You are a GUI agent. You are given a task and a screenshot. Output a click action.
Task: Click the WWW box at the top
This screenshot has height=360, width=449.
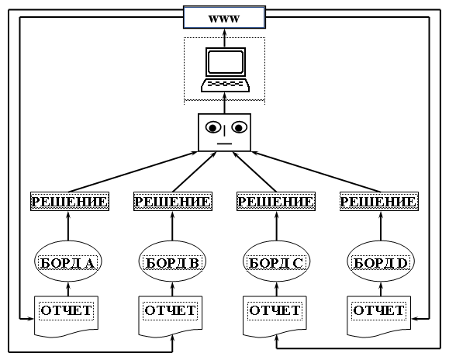[225, 18]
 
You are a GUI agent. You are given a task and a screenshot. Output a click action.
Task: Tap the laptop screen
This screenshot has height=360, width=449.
[226, 62]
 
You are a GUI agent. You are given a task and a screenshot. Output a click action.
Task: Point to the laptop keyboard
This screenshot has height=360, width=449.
[225, 85]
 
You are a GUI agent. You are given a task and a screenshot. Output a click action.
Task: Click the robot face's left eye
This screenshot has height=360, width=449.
[213, 127]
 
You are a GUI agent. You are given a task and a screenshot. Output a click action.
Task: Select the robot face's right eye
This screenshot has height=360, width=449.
[240, 127]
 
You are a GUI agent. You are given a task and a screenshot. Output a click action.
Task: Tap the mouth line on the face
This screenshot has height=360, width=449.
[225, 144]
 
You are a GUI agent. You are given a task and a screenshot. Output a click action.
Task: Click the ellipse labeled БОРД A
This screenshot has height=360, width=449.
[68, 261]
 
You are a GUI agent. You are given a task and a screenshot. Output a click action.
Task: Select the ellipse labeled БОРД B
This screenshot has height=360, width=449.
[172, 261]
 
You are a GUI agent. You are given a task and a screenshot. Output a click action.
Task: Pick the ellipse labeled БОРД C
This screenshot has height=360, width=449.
[277, 261]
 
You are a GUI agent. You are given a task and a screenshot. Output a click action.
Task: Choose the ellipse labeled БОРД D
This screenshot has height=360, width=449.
[381, 261]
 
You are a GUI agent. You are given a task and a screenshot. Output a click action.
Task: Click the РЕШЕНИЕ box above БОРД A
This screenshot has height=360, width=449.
[70, 202]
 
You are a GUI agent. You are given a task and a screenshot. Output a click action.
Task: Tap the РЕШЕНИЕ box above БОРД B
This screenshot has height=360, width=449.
[173, 202]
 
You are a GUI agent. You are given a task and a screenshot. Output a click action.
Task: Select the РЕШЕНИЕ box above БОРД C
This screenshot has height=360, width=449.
[276, 202]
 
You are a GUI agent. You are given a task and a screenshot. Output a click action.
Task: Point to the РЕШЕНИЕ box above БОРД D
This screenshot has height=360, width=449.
[379, 202]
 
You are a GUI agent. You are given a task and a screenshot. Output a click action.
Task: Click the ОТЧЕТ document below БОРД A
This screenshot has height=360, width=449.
[67, 315]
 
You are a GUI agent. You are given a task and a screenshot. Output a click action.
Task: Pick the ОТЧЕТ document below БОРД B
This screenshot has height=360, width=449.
[171, 315]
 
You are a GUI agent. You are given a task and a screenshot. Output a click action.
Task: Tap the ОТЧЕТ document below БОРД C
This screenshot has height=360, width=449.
[275, 315]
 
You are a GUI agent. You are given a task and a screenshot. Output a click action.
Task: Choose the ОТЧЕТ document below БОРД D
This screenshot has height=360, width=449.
[379, 315]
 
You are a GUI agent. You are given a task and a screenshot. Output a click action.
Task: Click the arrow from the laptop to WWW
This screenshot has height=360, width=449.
[225, 38]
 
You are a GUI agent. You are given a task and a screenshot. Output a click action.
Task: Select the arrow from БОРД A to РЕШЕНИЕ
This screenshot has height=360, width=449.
[68, 227]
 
